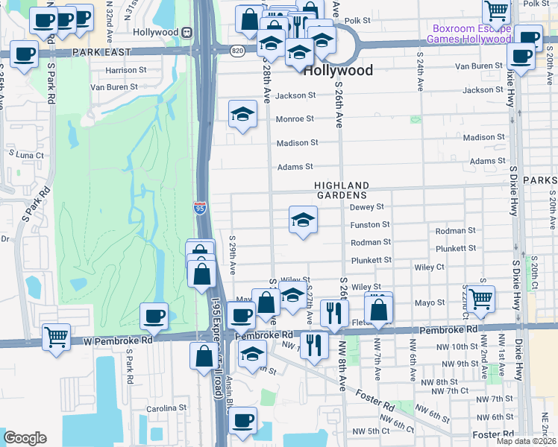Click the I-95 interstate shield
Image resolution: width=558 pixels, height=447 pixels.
pos(200,209)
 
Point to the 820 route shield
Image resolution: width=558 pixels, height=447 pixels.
pos(237,51)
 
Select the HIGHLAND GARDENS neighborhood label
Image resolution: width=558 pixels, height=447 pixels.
pos(342,190)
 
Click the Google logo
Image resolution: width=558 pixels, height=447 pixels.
pos(25,437)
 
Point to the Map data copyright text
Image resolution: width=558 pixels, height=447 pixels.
pos(526,441)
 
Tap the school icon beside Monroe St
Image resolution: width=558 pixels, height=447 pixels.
pos(242,115)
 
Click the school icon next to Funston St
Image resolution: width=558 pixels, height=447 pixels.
pos(303,220)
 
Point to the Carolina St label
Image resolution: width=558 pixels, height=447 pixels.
pos(166,408)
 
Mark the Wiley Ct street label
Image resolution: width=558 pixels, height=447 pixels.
pos(430,266)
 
